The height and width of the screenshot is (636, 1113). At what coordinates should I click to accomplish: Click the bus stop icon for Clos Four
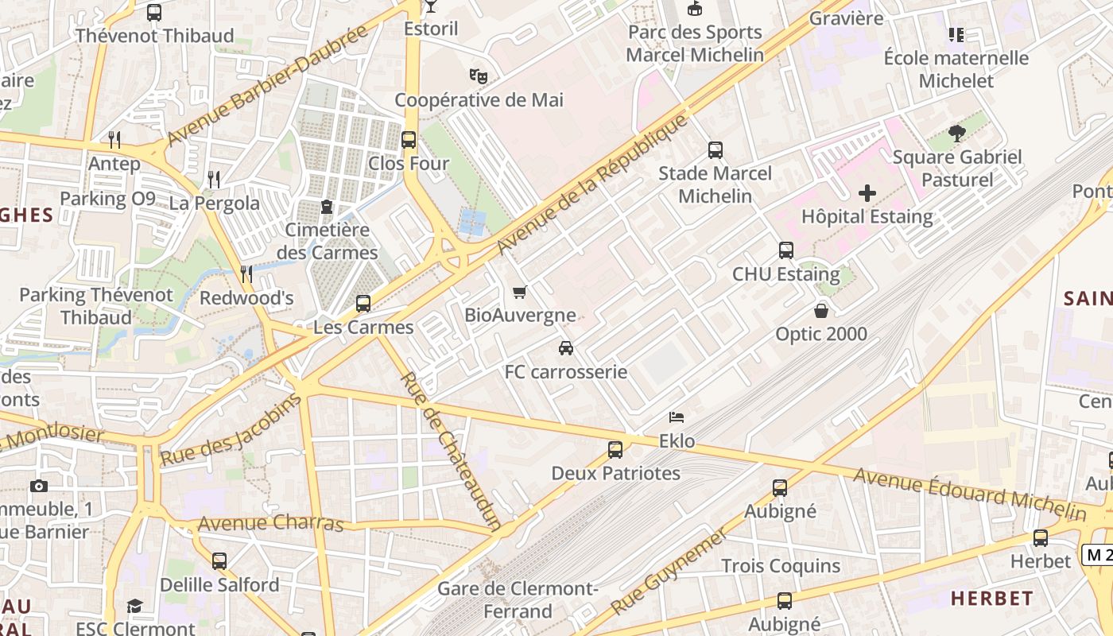pos(409,140)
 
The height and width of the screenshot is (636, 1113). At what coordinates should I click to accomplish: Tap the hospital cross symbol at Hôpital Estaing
pos(867,193)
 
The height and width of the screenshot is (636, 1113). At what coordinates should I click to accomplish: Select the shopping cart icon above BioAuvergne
pos(520,292)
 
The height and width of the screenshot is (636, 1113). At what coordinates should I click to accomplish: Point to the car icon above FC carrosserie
pos(566,348)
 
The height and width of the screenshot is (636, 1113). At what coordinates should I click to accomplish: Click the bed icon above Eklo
pos(677,417)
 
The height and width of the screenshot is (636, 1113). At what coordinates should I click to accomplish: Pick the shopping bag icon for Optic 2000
pos(821,310)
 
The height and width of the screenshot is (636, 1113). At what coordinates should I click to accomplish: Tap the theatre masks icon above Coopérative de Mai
pos(478,76)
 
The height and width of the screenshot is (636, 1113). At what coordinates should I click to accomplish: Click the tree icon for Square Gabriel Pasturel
pos(957,134)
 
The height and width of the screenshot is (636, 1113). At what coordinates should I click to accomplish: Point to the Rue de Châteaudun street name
pos(451,450)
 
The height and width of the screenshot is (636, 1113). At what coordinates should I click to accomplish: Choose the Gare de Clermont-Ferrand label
pos(518,600)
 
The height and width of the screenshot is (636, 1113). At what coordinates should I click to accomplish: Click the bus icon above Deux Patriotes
pos(615,450)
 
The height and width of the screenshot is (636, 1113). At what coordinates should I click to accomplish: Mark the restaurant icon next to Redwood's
pos(246,274)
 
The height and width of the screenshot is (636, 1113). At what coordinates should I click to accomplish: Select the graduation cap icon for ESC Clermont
pos(134,607)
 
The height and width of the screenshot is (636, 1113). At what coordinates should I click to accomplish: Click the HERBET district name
pos(992,598)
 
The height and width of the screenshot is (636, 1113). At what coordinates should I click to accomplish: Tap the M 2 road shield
pos(1097,555)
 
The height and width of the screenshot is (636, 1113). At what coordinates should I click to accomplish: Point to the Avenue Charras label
pos(270,524)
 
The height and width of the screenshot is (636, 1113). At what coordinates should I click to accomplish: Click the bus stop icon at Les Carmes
pos(363,304)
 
